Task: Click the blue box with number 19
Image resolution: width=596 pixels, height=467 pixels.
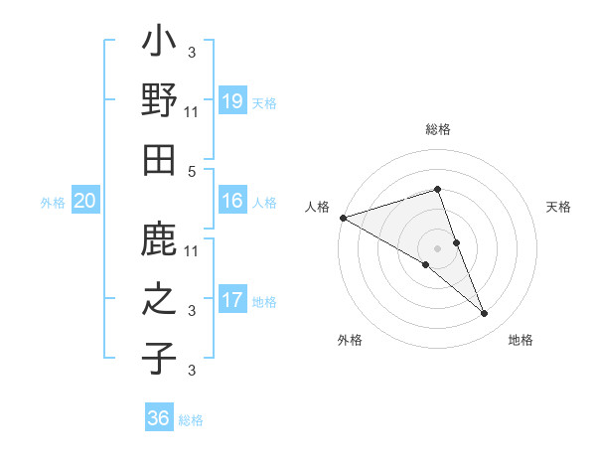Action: tap(231, 101)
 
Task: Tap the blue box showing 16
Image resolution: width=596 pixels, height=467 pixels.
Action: tap(231, 201)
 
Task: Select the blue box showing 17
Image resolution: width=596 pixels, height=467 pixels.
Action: tap(231, 300)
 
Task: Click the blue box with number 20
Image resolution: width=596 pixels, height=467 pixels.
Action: tap(85, 201)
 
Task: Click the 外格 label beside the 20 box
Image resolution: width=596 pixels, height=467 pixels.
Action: tap(53, 202)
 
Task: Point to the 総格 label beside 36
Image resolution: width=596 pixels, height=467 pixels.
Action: tap(192, 420)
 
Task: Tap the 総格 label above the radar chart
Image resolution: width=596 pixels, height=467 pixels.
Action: tap(438, 129)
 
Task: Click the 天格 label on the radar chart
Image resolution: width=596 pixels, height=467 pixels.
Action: tap(558, 207)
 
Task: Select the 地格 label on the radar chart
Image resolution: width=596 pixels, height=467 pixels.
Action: tap(521, 340)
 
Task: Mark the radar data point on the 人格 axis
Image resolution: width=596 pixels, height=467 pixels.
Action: tap(343, 217)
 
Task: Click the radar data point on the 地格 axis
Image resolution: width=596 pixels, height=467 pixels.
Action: tap(485, 314)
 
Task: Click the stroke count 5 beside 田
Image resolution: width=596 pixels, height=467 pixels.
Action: tap(192, 172)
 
